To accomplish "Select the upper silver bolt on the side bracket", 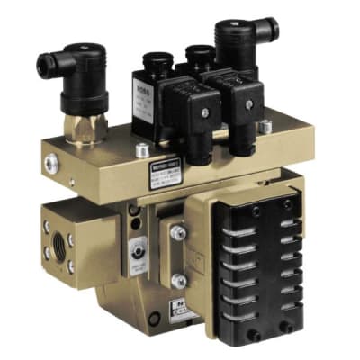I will [177, 231].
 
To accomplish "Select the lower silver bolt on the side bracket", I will [177, 259].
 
